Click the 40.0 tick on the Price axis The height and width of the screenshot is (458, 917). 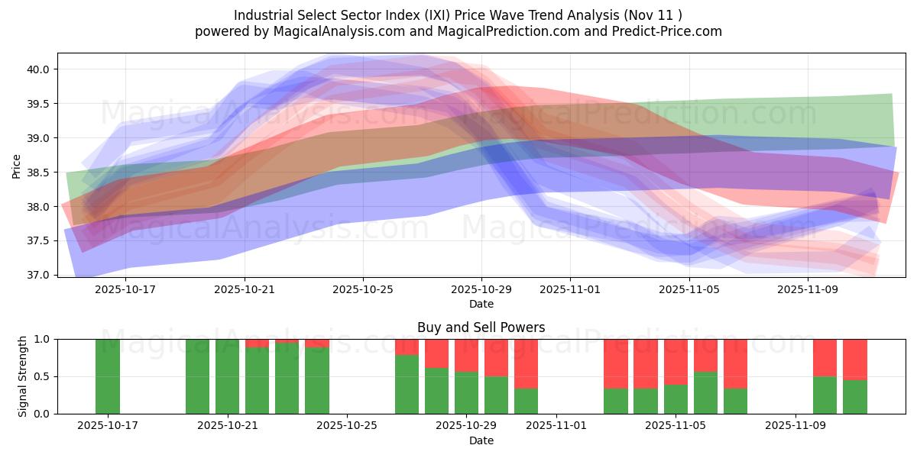coord(38,69)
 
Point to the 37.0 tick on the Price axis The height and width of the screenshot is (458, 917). coord(38,275)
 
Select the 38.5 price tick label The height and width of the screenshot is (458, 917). coord(38,173)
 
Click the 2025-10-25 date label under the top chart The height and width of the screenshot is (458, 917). coord(363,290)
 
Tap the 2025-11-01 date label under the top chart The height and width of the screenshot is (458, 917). coord(569,290)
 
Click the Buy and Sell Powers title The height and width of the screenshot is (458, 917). coord(481,327)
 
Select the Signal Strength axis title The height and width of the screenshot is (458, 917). coord(22,376)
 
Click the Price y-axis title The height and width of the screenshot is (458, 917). coord(17,165)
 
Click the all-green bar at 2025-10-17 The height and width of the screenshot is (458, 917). coord(107,376)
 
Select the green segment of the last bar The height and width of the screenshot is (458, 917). coord(854,397)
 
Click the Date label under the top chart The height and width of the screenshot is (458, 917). coord(481,304)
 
